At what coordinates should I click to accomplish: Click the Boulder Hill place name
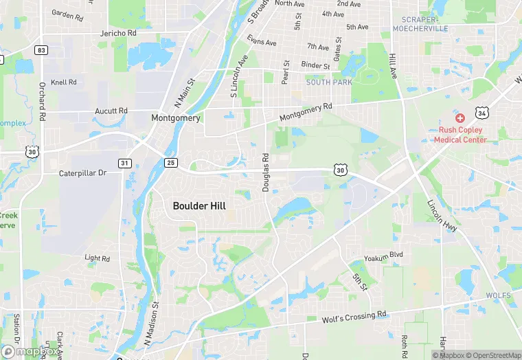tap(199, 205)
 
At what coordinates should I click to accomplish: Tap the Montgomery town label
tap(176, 118)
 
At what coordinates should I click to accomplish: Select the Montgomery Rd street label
tap(306, 114)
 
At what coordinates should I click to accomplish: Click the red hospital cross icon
tap(459, 118)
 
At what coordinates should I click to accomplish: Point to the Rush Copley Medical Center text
tap(460, 135)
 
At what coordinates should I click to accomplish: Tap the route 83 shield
tap(42, 50)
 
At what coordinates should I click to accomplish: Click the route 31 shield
tap(124, 163)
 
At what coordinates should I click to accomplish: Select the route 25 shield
tap(170, 162)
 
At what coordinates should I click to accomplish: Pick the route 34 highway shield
tap(484, 112)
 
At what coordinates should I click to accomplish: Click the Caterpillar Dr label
tap(82, 173)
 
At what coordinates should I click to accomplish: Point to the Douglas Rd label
tap(266, 172)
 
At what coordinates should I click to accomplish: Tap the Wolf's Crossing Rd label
tap(354, 317)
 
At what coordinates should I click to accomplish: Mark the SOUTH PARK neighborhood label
tap(329, 82)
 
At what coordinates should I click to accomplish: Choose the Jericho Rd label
tap(118, 33)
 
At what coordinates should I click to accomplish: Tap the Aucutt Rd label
tap(112, 111)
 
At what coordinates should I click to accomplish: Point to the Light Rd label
tap(97, 258)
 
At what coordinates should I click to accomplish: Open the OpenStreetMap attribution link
tap(494, 355)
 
